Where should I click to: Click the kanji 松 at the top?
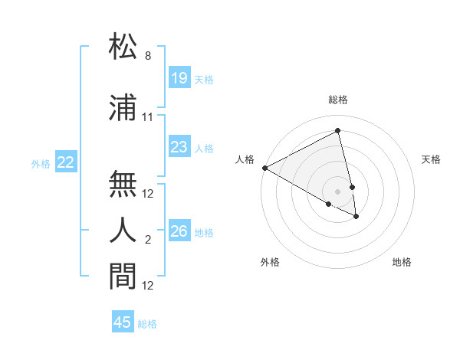123,47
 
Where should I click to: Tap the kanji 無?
123,184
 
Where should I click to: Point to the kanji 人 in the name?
123,231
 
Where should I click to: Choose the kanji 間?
123,277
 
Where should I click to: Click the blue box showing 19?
179,78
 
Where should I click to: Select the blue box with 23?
179,147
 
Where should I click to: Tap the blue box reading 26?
179,231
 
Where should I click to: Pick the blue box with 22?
66,162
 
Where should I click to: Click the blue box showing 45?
123,322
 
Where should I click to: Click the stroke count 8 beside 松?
148,56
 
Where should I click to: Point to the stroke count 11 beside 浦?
148,117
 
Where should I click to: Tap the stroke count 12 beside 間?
148,286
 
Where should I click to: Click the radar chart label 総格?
338,100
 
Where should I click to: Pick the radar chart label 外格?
270,262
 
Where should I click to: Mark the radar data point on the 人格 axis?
264,168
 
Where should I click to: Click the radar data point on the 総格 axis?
338,130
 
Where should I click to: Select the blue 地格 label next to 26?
205,232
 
